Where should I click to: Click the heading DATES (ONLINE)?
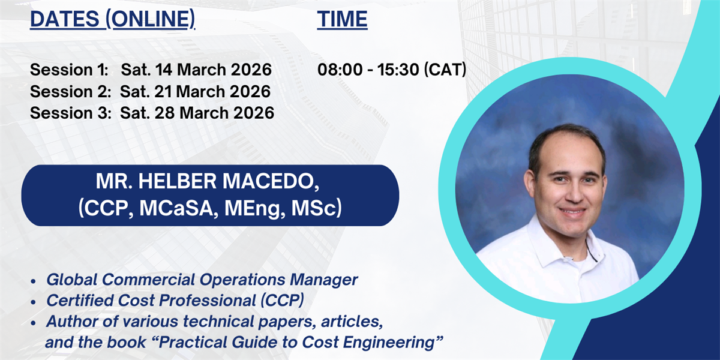113,19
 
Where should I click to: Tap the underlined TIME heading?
343,19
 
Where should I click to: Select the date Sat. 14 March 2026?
196,70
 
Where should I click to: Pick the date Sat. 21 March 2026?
195,92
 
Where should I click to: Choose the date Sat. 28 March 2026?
197,113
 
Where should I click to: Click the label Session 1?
69,70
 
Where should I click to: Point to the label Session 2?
70,92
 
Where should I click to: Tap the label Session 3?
70,113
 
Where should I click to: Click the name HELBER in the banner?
178,181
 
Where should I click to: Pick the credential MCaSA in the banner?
176,208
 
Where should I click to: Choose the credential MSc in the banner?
317,208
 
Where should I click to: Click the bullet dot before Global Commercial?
33,281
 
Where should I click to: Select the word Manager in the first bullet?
323,280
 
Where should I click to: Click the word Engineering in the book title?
389,343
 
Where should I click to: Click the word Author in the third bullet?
71,322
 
